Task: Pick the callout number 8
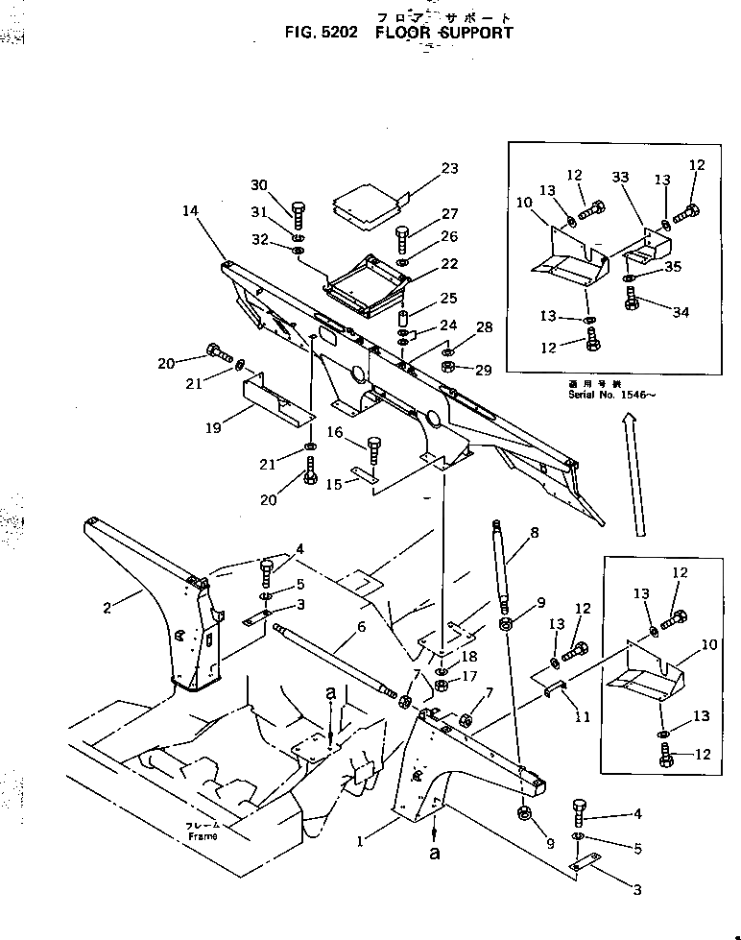point(534,531)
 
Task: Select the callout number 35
point(675,267)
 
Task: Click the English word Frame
point(203,835)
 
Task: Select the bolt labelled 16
point(373,452)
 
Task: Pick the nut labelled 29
point(448,368)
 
